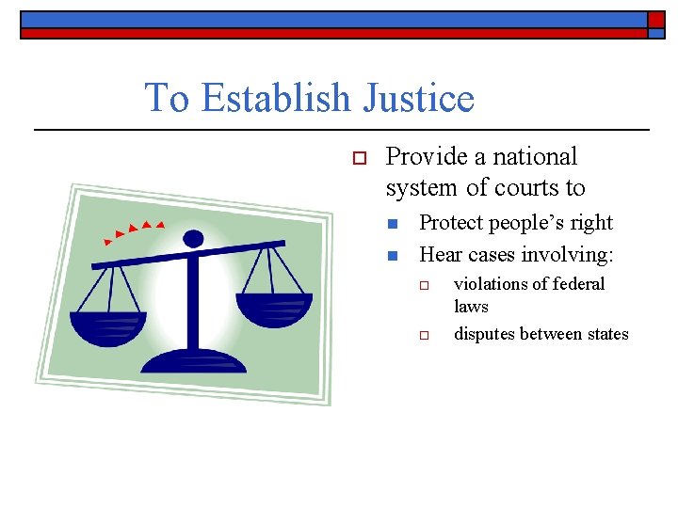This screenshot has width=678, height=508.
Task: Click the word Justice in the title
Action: coord(421,98)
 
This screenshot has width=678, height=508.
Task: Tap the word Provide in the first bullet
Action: coord(432,156)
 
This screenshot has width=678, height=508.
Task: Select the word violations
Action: coord(490,284)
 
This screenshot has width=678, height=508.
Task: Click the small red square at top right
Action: coord(656,20)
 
